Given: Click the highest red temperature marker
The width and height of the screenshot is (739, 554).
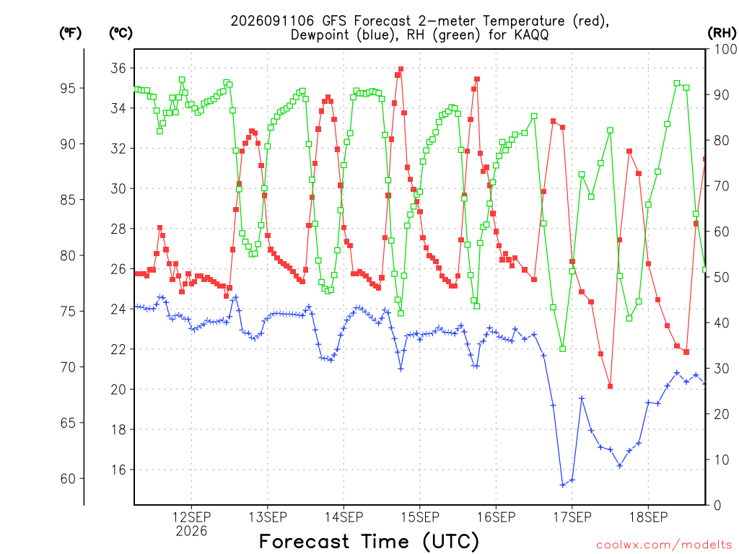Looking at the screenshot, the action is click(401, 69).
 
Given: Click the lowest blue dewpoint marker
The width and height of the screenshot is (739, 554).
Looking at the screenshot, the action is click(562, 485).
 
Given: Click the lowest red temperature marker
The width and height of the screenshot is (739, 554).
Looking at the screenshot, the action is click(610, 387).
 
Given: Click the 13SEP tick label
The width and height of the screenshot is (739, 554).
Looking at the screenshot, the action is click(268, 517).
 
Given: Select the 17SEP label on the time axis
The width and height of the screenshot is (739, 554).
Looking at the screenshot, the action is click(572, 517).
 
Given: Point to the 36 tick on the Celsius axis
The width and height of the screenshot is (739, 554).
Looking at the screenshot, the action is click(118, 69).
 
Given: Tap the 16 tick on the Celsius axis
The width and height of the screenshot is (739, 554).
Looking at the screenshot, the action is click(118, 470).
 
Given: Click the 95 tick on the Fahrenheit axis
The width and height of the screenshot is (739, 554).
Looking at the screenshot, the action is click(68, 88).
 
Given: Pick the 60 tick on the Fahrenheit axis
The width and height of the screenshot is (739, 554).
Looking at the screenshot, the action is click(68, 479).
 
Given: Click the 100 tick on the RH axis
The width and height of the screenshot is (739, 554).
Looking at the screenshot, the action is click(725, 49).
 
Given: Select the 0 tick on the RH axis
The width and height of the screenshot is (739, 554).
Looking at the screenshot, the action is click(717, 506).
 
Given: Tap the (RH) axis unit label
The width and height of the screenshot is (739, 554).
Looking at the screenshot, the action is click(722, 32).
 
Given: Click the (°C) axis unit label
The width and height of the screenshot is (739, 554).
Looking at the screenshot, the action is click(121, 32).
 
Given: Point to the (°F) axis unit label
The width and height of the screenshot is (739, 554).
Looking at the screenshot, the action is click(70, 32).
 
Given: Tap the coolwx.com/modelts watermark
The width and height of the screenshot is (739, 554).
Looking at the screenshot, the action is click(664, 545).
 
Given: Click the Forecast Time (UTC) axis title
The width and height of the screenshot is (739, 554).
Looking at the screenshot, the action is click(369, 541).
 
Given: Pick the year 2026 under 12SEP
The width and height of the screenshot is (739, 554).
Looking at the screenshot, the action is click(191, 532).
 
